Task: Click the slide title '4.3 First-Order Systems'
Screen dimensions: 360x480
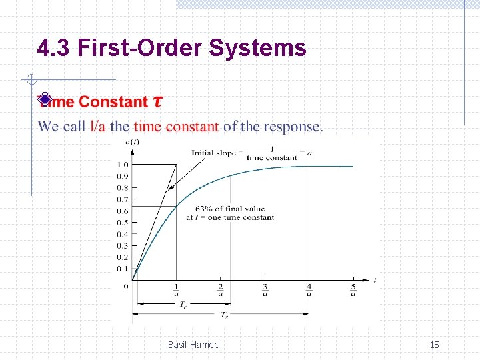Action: (172, 48)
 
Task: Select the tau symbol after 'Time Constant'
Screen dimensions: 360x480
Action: (157, 102)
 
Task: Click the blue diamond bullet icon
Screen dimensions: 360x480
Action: (45, 100)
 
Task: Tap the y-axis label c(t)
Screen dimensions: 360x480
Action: (132, 141)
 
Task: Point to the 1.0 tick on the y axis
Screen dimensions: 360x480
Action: (123, 165)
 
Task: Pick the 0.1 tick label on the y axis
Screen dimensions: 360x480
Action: (123, 269)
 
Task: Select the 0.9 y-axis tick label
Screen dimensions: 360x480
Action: (123, 176)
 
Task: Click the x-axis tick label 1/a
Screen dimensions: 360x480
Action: (176, 289)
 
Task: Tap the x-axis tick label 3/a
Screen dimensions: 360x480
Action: (265, 289)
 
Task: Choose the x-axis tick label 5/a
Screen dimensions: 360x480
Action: (353, 289)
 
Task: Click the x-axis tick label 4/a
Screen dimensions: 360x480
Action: (309, 289)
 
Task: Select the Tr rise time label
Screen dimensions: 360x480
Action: (183, 304)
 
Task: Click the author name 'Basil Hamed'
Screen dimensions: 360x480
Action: (193, 345)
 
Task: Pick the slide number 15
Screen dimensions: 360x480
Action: (434, 345)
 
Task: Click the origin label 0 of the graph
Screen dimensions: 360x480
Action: (127, 287)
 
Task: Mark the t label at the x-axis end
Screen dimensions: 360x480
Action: (375, 281)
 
